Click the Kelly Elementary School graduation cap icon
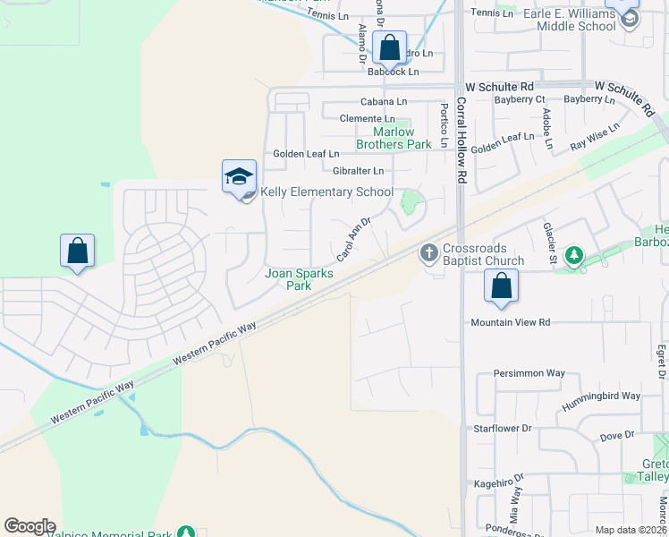click(239, 176)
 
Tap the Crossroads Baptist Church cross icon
click(428, 253)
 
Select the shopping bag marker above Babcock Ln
click(390, 47)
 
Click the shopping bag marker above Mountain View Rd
click(502, 287)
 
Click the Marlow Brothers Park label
click(394, 138)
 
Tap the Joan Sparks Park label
click(298, 279)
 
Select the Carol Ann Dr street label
click(353, 234)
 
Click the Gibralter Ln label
click(358, 170)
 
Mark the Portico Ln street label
click(443, 124)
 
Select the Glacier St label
click(550, 243)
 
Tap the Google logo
click(30, 526)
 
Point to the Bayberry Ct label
click(519, 99)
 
